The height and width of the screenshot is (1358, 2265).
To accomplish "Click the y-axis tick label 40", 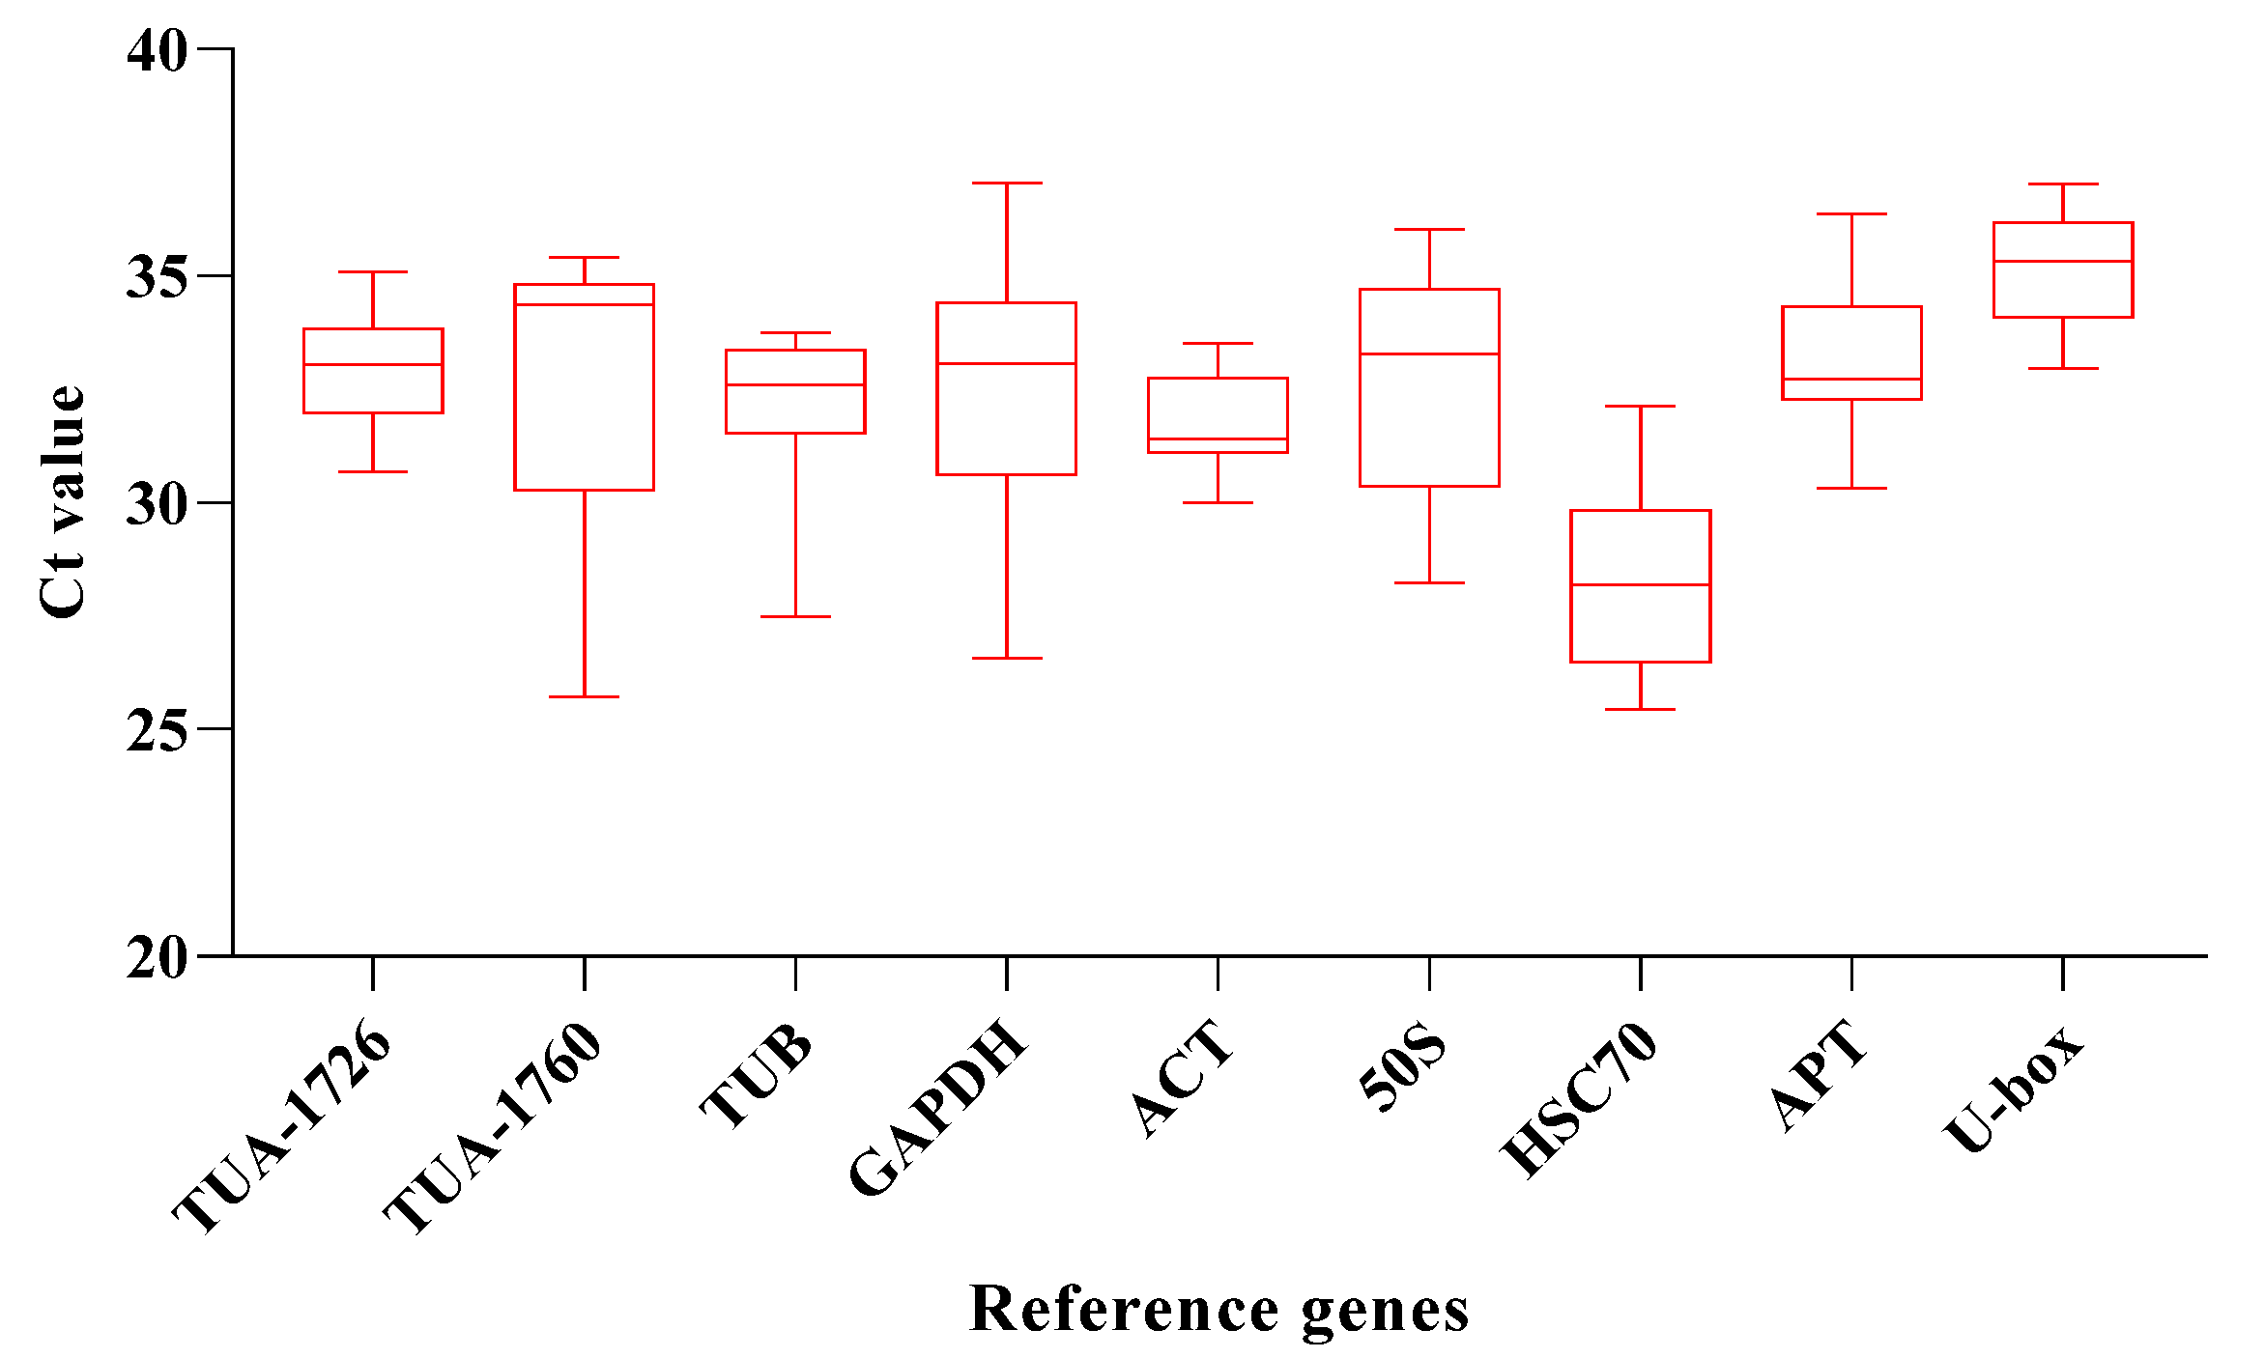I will (x=157, y=50).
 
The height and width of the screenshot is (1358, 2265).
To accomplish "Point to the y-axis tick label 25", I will (x=157, y=731).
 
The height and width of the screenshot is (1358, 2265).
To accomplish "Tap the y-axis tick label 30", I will (x=157, y=504).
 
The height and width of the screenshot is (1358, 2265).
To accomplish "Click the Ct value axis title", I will (x=62, y=502).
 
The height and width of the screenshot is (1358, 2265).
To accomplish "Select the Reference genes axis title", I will (x=1219, y=1311).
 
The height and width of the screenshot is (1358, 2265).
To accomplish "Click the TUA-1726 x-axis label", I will (x=283, y=1126).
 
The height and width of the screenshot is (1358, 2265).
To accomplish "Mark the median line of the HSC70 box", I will (x=1641, y=584).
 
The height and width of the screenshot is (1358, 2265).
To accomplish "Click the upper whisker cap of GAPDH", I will (x=1007, y=183).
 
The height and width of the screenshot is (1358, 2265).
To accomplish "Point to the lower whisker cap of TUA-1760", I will (x=584, y=696).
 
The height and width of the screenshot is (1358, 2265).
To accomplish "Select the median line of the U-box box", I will (x=2063, y=261).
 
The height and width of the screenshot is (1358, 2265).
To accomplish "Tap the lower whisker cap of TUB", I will (x=795, y=616).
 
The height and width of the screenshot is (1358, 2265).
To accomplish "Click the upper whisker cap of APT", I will (x=1851, y=213).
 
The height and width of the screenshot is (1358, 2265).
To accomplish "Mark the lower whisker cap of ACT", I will (x=1218, y=502).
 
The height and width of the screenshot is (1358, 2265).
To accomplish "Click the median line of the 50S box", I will (x=1429, y=354).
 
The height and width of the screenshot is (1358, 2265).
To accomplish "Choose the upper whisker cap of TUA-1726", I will (x=373, y=271).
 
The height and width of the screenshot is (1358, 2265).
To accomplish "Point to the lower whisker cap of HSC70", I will (x=1641, y=709).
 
